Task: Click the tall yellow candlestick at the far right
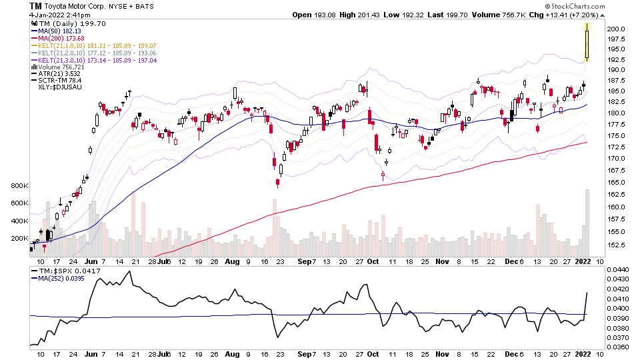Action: (x=587, y=42)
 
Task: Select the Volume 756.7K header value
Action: (x=505, y=15)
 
